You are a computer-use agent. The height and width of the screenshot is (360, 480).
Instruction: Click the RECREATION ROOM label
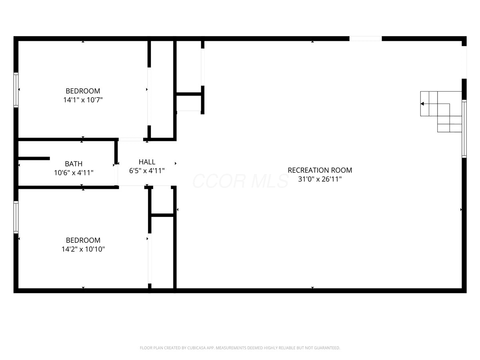[320, 170]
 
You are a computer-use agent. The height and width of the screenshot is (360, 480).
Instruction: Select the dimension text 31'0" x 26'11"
[320, 179]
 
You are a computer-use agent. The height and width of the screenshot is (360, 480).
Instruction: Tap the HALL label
[147, 162]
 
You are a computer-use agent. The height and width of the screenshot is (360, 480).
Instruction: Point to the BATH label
[74, 164]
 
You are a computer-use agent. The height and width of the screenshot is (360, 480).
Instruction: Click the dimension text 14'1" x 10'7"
[83, 100]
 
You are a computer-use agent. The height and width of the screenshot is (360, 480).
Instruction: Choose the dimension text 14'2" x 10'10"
[83, 249]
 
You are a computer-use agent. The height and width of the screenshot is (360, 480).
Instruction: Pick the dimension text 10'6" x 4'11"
[74, 173]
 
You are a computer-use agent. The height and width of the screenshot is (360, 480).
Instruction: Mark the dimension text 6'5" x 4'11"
[147, 171]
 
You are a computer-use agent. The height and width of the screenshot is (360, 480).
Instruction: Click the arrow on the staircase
[435, 104]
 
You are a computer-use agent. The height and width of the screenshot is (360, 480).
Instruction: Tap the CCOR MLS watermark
[240, 181]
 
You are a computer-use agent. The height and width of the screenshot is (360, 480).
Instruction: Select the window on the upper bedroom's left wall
[16, 90]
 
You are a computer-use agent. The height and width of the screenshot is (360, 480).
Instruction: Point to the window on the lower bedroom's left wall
[16, 217]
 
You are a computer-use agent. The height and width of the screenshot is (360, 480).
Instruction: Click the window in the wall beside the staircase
[464, 129]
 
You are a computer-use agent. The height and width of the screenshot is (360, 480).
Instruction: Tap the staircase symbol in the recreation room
[441, 112]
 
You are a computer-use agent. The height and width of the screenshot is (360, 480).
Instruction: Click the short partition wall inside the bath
[34, 158]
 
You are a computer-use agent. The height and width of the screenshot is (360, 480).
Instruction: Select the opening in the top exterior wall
[366, 39]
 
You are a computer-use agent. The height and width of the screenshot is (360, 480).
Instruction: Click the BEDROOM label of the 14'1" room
[83, 91]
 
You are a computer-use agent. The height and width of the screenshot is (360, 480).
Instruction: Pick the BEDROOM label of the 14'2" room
[83, 240]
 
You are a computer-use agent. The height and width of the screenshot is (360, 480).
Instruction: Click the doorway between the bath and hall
[116, 175]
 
